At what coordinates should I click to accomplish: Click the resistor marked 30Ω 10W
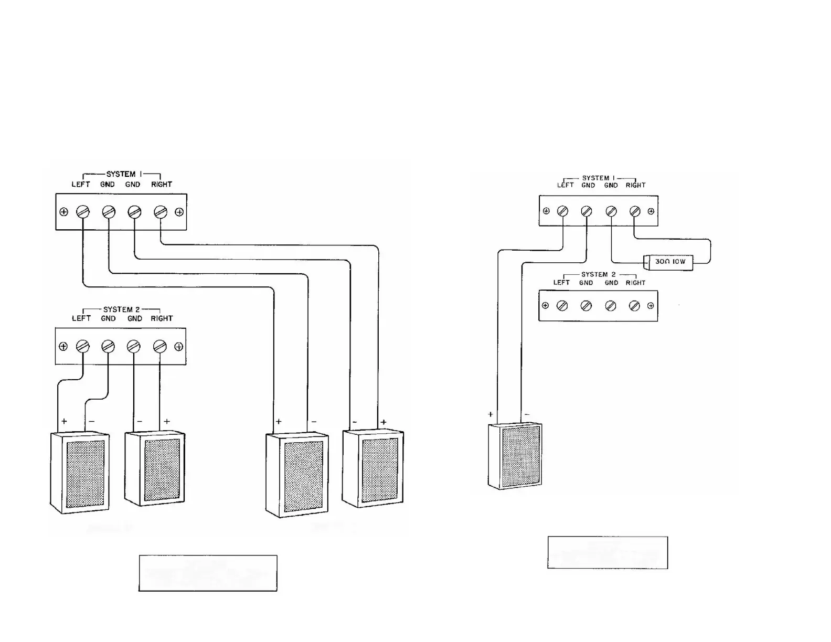pyautogui.click(x=670, y=262)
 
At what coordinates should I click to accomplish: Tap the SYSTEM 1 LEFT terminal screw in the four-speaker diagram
pyautogui.click(x=83, y=212)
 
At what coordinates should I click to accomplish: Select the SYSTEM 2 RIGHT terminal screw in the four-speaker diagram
pyautogui.click(x=160, y=346)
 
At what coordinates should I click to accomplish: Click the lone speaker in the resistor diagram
pyautogui.click(x=515, y=456)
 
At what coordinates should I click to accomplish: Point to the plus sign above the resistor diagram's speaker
pyautogui.click(x=491, y=414)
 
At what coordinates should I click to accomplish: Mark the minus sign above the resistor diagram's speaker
pyautogui.click(x=527, y=414)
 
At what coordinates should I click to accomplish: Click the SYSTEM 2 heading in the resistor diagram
pyautogui.click(x=598, y=274)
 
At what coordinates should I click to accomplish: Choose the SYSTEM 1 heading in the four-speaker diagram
pyautogui.click(x=121, y=174)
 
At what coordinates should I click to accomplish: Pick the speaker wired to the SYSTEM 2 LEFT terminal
pyautogui.click(x=80, y=472)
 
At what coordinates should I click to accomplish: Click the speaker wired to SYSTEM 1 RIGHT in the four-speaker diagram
pyautogui.click(x=373, y=468)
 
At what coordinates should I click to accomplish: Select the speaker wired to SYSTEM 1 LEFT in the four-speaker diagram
pyautogui.click(x=297, y=475)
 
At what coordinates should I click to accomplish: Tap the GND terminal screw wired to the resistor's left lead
pyautogui.click(x=611, y=211)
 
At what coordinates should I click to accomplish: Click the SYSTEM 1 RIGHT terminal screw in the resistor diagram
pyautogui.click(x=635, y=211)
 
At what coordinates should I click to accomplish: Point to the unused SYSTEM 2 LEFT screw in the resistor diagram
pyautogui.click(x=562, y=306)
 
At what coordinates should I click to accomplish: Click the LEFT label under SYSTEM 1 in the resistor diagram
pyautogui.click(x=565, y=185)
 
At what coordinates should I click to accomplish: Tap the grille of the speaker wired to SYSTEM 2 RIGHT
pyautogui.click(x=162, y=469)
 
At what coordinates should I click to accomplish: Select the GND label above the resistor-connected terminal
pyautogui.click(x=611, y=185)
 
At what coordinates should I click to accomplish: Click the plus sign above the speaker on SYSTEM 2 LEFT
pyautogui.click(x=64, y=421)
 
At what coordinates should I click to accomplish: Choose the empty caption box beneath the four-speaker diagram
pyautogui.click(x=208, y=573)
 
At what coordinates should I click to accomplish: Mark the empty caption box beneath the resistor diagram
pyautogui.click(x=608, y=552)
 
